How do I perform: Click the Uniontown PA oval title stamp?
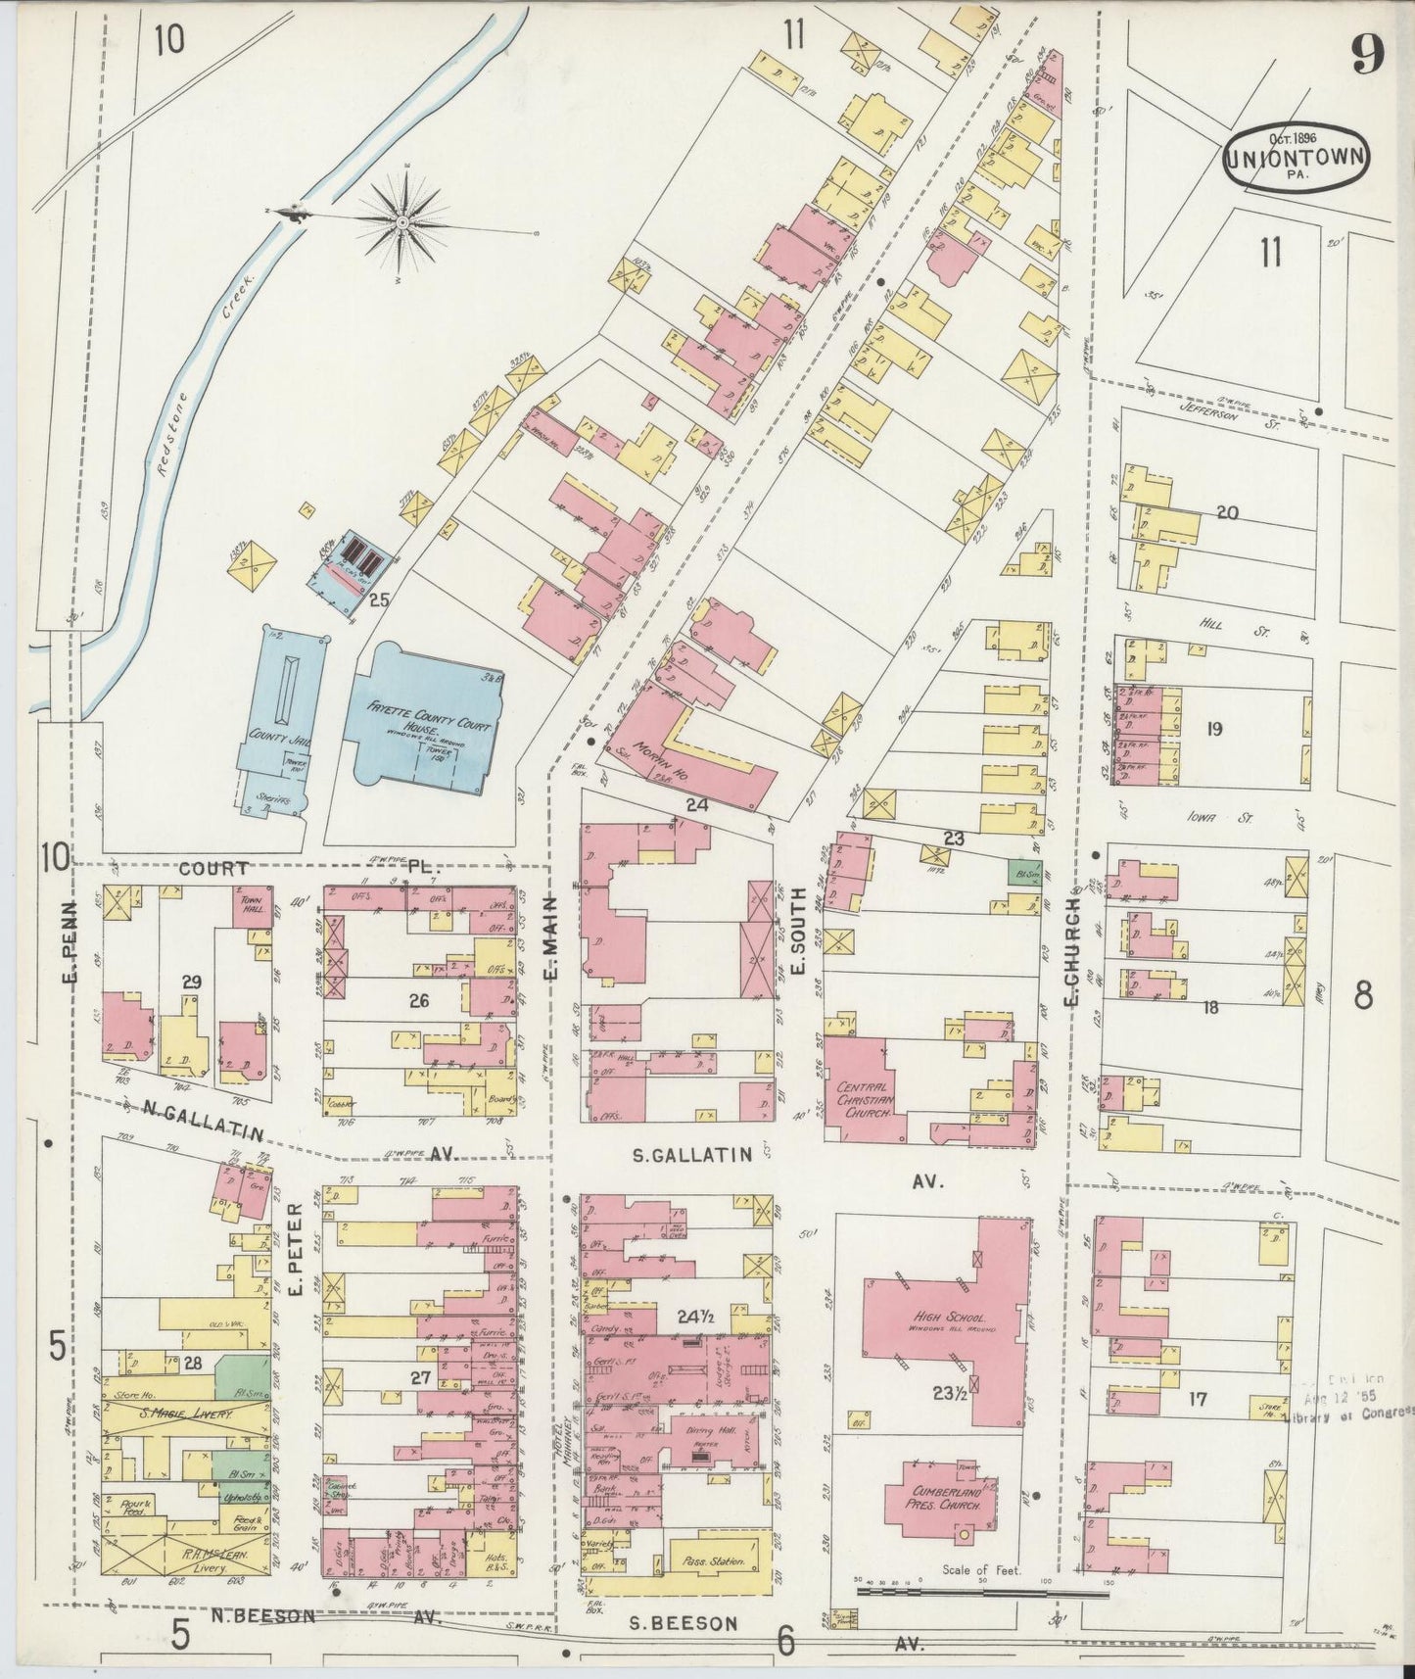[x=1296, y=157]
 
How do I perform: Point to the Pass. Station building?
[x=715, y=1562]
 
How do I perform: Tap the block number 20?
[x=1226, y=512]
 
